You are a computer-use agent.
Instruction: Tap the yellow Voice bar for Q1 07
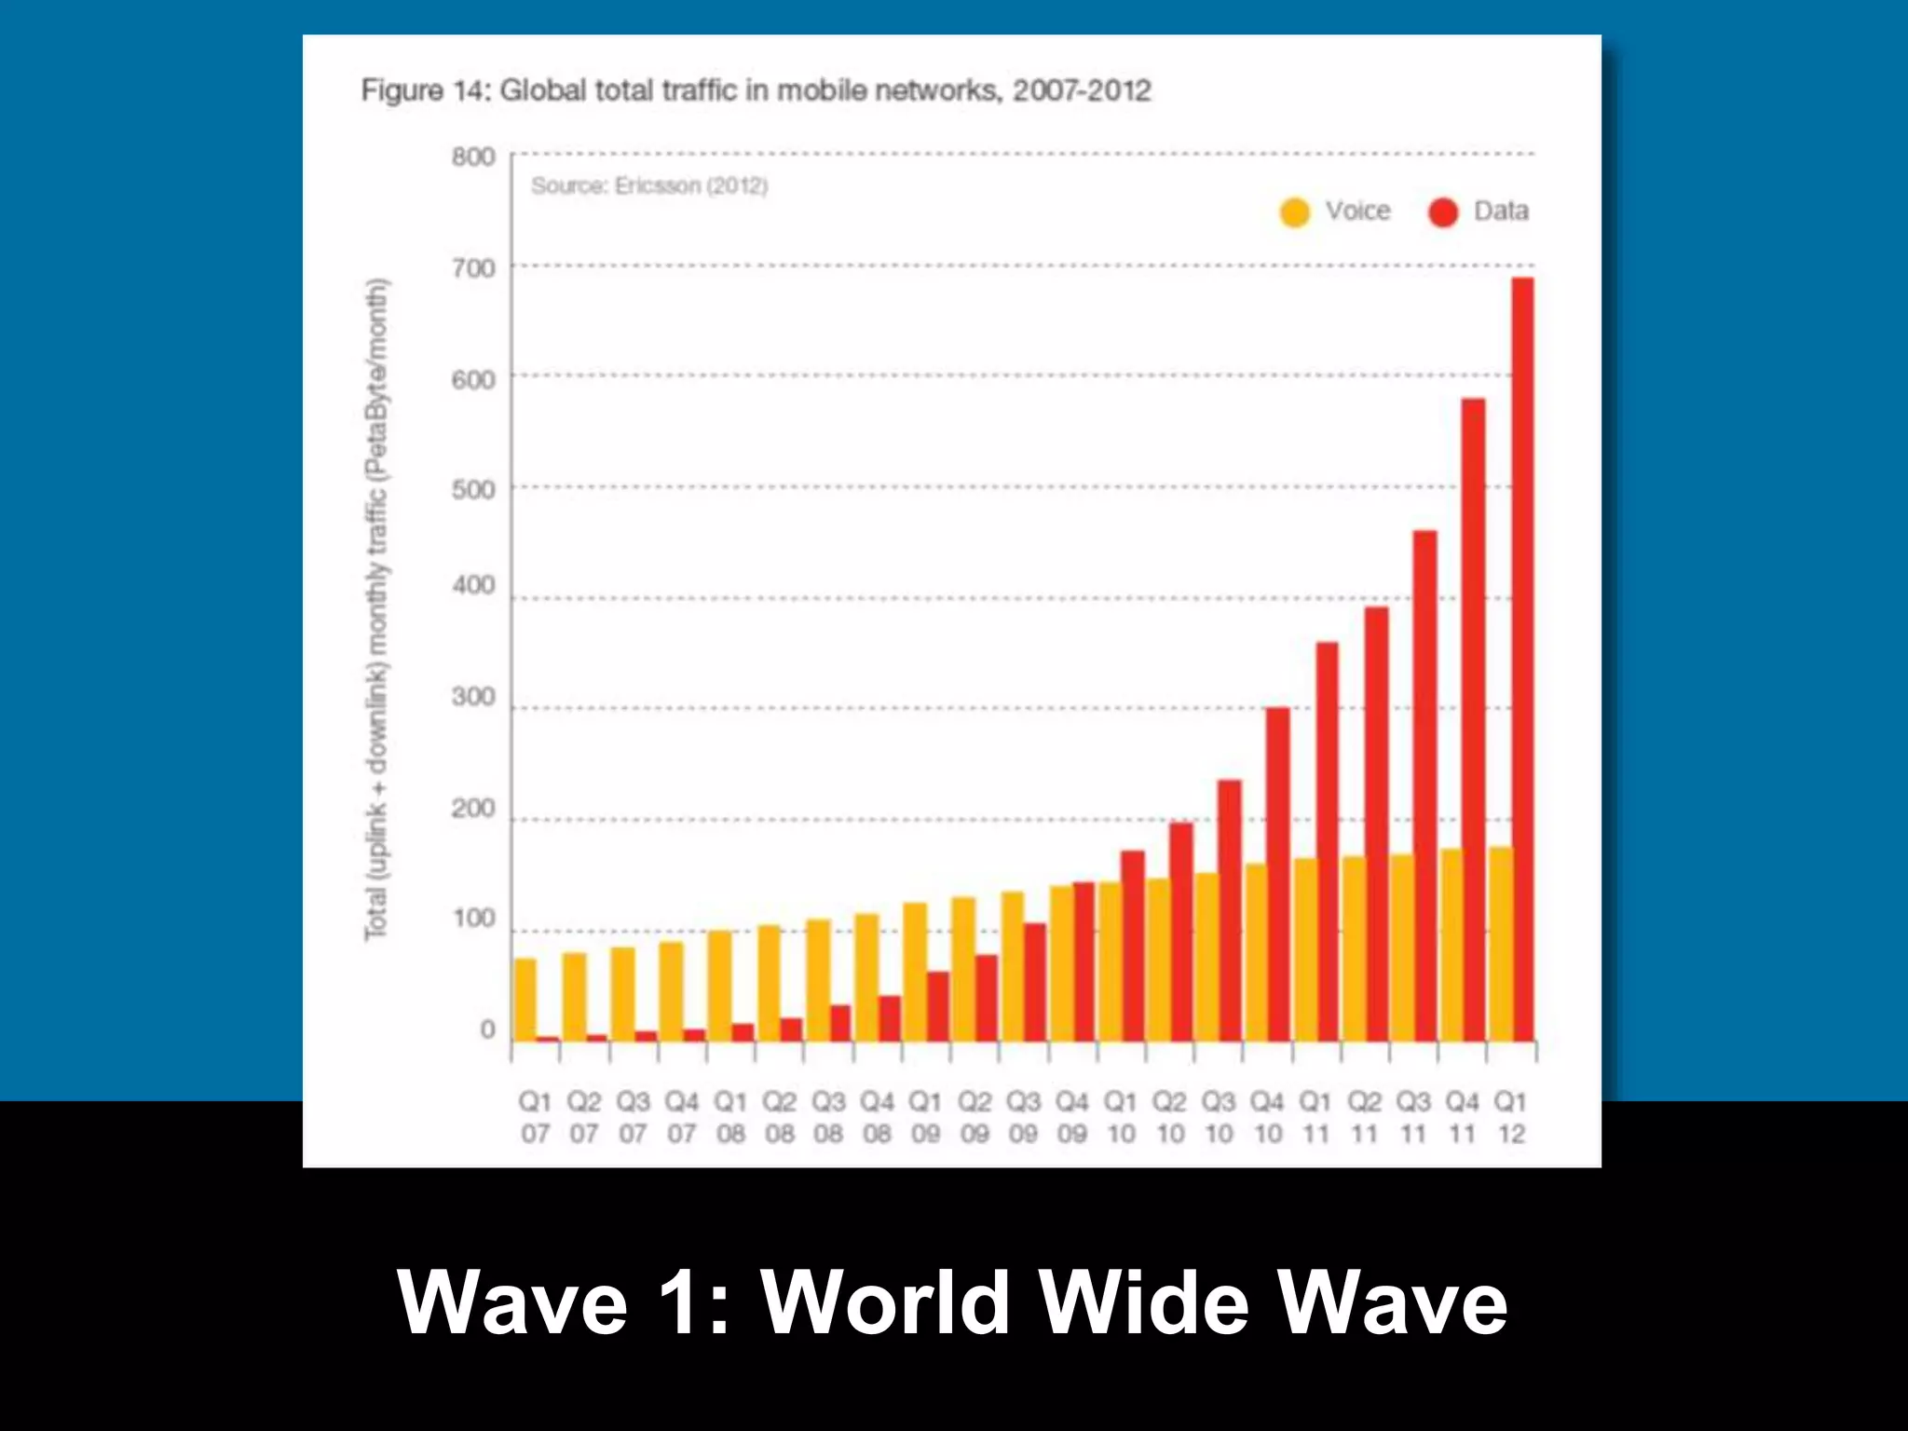[525, 999]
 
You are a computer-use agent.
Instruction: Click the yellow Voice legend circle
[1295, 212]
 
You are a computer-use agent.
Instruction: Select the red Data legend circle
[1443, 212]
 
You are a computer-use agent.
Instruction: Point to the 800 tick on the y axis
[473, 157]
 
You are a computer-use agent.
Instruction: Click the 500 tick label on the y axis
[473, 490]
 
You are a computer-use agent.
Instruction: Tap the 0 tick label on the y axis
[487, 1029]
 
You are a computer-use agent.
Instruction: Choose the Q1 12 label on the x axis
[1510, 1117]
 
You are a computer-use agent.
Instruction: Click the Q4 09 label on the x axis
[1071, 1117]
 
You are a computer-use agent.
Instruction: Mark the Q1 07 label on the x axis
[535, 1117]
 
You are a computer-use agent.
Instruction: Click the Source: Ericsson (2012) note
[649, 186]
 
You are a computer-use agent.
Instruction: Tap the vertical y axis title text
[376, 609]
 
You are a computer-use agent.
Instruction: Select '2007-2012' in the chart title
[1082, 91]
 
